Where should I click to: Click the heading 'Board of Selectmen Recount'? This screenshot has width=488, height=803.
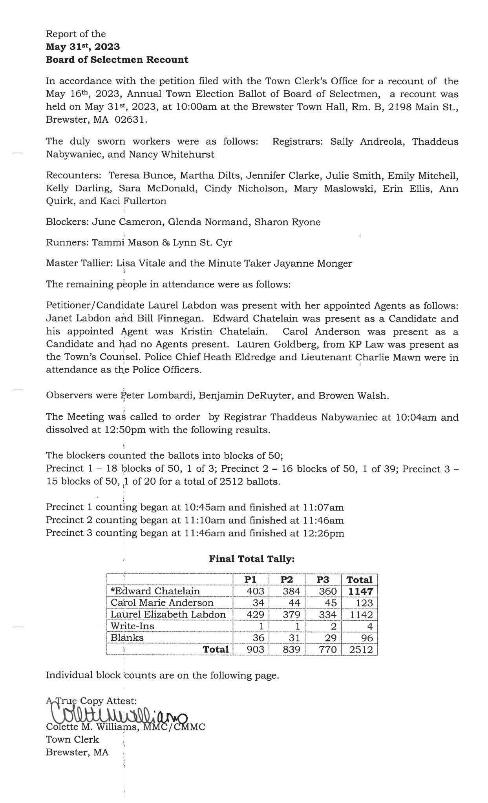pos(117,60)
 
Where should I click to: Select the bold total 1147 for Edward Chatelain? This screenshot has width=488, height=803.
pos(360,591)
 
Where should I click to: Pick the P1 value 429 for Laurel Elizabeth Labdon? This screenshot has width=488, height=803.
pos(256,614)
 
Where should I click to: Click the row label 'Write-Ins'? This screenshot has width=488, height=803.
pos(127,626)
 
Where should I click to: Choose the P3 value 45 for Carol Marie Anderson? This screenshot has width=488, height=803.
pos(328,603)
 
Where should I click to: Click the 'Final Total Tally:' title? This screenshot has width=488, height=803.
pos(252,559)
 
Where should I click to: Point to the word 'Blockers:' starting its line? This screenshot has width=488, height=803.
pos(67,222)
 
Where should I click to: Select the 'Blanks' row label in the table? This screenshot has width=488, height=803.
pos(127,638)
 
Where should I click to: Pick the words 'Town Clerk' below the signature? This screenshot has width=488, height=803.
pos(72,739)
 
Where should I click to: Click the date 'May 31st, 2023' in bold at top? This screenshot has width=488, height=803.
pos(83,47)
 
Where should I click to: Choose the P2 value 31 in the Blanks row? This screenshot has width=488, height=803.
pos(293,638)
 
